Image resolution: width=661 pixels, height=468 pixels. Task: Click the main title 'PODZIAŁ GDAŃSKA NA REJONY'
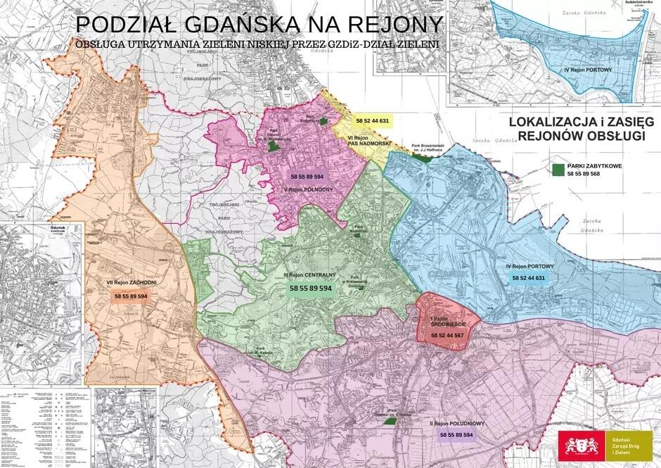[259, 23]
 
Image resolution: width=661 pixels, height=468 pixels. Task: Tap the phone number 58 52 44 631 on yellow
[373, 121]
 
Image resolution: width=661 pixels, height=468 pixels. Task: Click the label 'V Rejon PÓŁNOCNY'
[307, 189]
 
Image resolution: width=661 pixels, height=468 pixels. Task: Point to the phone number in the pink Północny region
[307, 176]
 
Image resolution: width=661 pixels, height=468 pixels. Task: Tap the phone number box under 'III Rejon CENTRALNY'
[311, 289]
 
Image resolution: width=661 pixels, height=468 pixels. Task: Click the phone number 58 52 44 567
[447, 336]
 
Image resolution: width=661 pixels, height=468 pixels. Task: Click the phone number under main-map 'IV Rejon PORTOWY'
[529, 278]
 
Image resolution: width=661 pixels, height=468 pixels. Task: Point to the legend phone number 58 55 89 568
[583, 174]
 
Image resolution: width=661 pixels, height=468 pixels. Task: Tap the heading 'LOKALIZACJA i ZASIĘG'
[576, 122]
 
